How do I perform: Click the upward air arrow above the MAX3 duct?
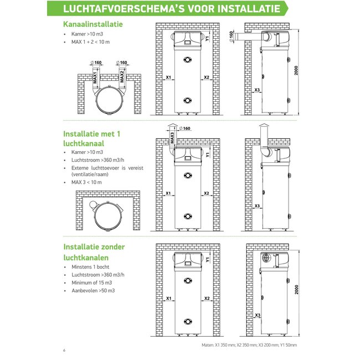[172, 126]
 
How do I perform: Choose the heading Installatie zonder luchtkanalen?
[94, 251]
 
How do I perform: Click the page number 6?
[64, 350]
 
